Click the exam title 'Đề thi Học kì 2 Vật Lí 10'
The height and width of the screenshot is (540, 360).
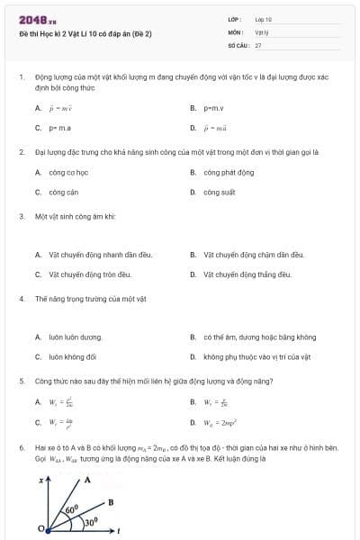pos(85,33)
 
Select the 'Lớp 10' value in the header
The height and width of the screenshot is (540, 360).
pos(264,18)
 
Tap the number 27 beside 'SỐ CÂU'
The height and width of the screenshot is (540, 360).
pos(258,44)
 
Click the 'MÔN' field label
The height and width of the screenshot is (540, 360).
pos(236,31)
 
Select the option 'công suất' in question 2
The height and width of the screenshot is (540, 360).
pos(219,192)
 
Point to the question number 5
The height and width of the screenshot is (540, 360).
pos(21,381)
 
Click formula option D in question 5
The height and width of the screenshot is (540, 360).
pos(219,421)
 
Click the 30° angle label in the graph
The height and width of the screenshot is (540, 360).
pos(90,521)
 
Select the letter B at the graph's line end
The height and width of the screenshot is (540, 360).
pos(111,501)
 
